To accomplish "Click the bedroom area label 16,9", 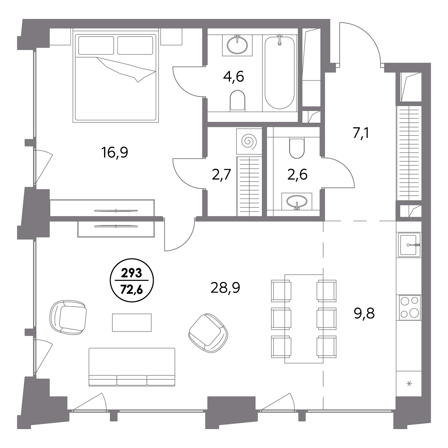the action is pyautogui.click(x=115, y=153).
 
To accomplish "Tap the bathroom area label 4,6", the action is pyautogui.click(x=233, y=77).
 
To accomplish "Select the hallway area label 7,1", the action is pyautogui.click(x=361, y=133).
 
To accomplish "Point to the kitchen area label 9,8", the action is pyautogui.click(x=364, y=313).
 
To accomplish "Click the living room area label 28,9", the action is pyautogui.click(x=225, y=288).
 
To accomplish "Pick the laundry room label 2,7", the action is pyautogui.click(x=221, y=175).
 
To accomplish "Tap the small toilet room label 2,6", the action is pyautogui.click(x=297, y=175).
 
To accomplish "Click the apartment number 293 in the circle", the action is pyautogui.click(x=132, y=273).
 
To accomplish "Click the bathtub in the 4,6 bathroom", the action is pyautogui.click(x=279, y=72).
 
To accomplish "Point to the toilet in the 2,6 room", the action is pyautogui.click(x=297, y=148).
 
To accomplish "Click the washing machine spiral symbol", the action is pyautogui.click(x=249, y=141).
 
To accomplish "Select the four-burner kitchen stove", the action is pyautogui.click(x=410, y=308).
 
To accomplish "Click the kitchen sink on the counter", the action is pyautogui.click(x=409, y=245).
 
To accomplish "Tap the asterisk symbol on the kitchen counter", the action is pyautogui.click(x=409, y=383).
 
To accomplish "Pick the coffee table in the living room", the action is pyautogui.click(x=132, y=323).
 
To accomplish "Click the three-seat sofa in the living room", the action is pyautogui.click(x=132, y=367).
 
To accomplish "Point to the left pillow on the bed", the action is pyautogui.click(x=96, y=45).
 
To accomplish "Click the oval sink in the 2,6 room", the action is pyautogui.click(x=297, y=201).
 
